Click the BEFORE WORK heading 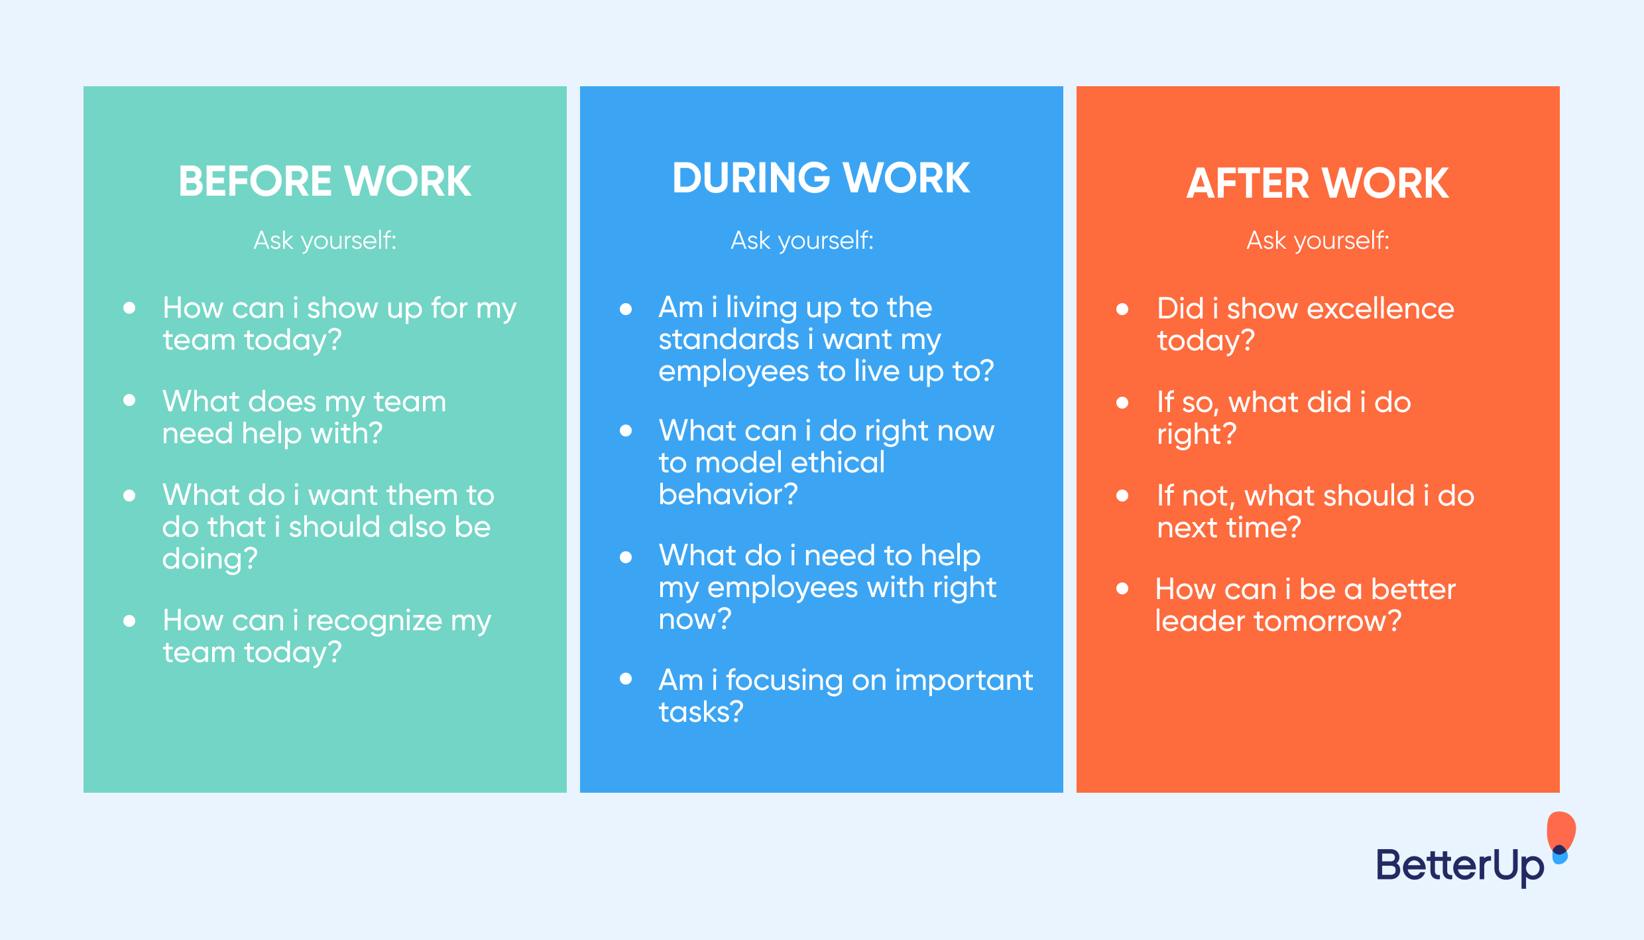tap(325, 181)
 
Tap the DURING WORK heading tap(821, 178)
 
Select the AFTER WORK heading tap(1318, 182)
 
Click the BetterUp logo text tap(1460, 866)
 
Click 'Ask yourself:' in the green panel tap(325, 241)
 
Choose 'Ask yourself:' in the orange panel tap(1318, 241)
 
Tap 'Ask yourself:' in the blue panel tap(802, 241)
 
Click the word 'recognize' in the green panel tap(375, 622)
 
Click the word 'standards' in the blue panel tap(729, 339)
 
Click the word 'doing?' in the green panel tap(210, 559)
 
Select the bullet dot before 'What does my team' tap(129, 400)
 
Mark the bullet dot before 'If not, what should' tap(1122, 496)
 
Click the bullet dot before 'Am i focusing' tap(626, 679)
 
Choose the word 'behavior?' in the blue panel tap(729, 494)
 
